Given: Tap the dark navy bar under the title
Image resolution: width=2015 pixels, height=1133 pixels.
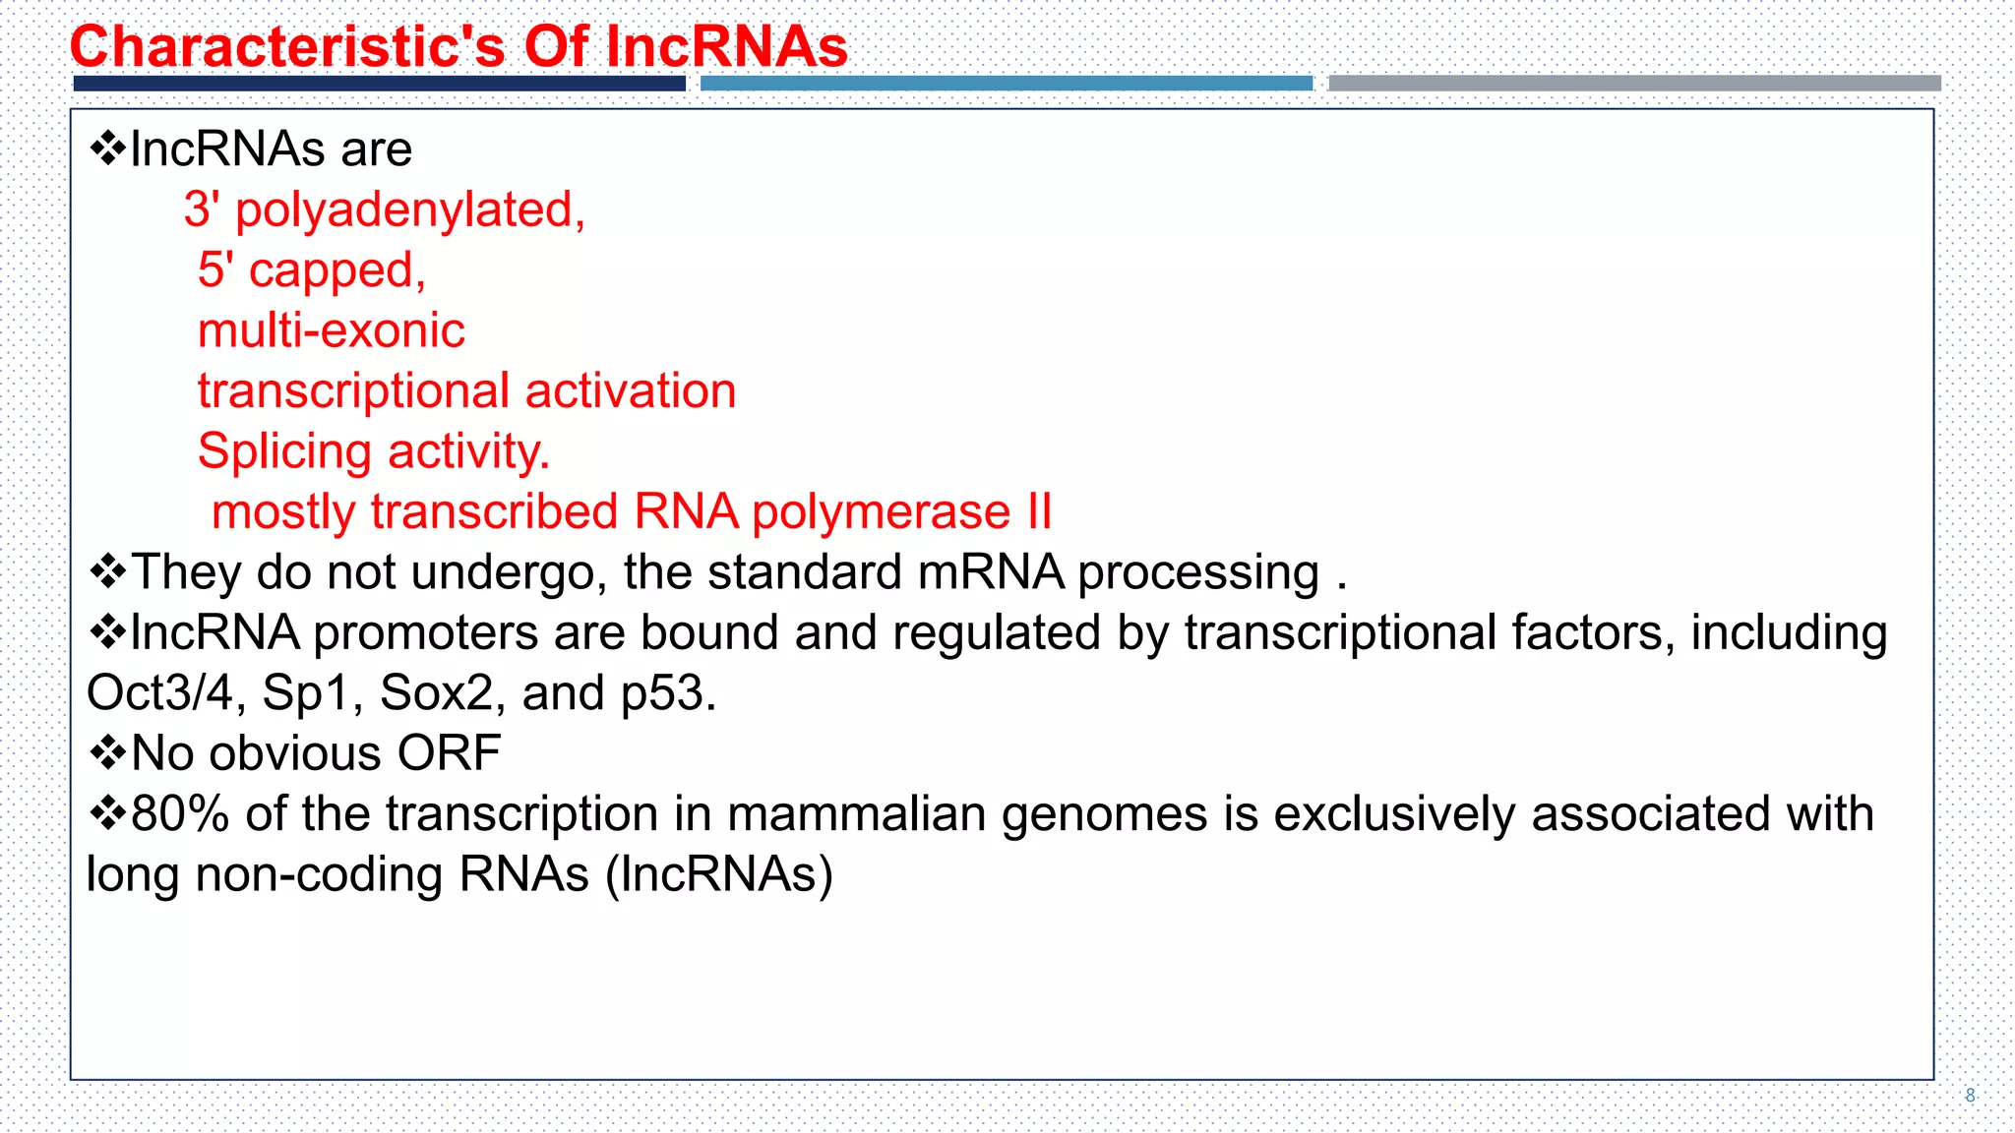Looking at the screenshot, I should tap(379, 84).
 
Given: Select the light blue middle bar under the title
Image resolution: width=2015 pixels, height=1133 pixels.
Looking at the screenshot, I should tap(1006, 84).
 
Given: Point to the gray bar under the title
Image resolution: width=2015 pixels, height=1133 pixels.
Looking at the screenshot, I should tap(1633, 84).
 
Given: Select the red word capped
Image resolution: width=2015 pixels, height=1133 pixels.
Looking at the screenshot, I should tap(336, 270).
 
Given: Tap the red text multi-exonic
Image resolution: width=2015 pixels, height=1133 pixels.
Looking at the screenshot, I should tap(331, 330).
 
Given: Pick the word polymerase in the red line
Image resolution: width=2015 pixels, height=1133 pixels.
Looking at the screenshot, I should tap(881, 512).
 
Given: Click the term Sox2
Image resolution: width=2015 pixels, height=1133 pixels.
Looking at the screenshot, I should tap(435, 693).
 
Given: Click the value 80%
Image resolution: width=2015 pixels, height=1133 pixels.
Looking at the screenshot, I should tap(179, 814).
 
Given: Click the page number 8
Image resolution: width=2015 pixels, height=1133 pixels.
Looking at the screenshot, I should tap(1970, 1095).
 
